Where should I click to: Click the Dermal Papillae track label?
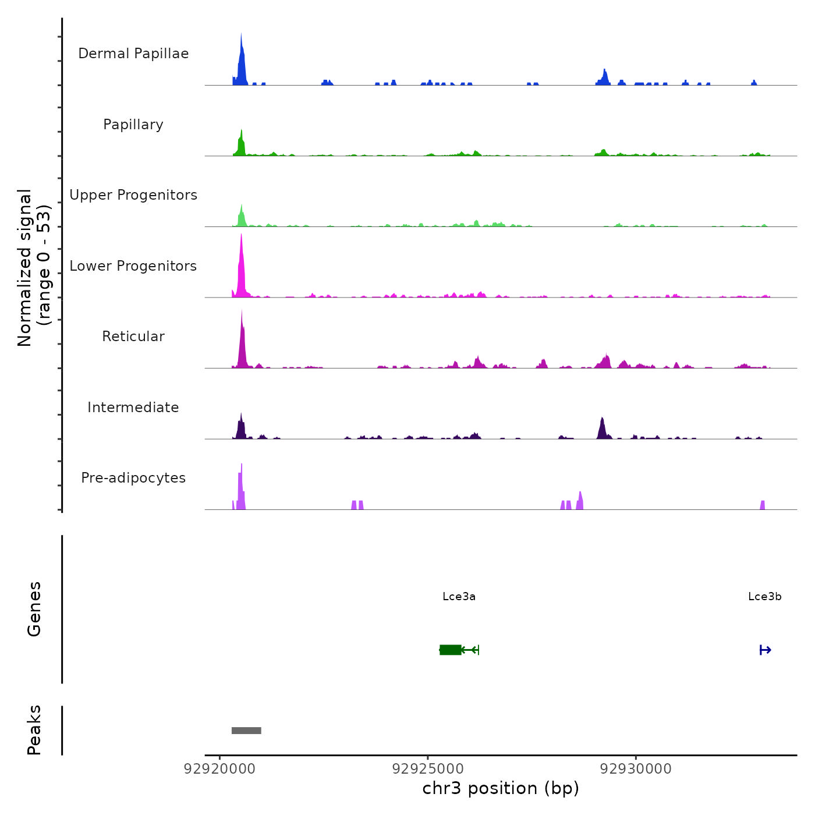(133, 54)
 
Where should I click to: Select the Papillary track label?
(133, 125)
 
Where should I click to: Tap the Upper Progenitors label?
(133, 195)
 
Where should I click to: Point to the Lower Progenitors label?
(133, 266)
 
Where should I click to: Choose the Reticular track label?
(133, 336)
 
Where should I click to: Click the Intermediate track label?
(133, 408)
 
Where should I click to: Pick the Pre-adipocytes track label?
(133, 478)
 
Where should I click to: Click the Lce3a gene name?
(459, 597)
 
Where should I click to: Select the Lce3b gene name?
(764, 597)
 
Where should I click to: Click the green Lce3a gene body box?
(450, 650)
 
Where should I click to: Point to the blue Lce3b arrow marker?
(765, 650)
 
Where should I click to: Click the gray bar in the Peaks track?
(246, 731)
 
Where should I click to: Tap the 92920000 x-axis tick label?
(219, 769)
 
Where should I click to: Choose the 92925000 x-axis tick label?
(428, 769)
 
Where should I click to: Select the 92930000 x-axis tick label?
(636, 769)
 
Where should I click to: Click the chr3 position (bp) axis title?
(501, 789)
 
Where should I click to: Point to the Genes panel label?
(34, 609)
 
